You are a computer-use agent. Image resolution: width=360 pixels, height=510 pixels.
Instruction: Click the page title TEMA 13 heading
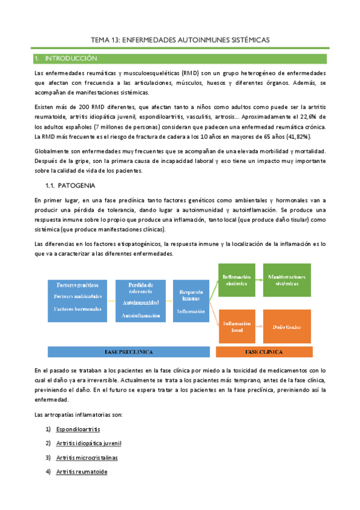tap(180, 39)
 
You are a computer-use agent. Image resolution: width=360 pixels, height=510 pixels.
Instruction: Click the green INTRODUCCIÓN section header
tap(180, 59)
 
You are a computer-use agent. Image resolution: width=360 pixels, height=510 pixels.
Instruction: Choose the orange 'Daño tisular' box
tap(287, 327)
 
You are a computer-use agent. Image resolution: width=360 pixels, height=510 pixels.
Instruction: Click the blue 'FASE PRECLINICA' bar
tap(129, 351)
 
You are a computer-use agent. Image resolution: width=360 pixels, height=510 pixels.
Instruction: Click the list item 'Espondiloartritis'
tap(78, 429)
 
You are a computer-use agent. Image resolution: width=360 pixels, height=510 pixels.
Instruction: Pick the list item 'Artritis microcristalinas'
tap(87, 458)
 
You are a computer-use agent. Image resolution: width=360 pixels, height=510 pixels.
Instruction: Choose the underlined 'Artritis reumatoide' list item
tap(81, 472)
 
